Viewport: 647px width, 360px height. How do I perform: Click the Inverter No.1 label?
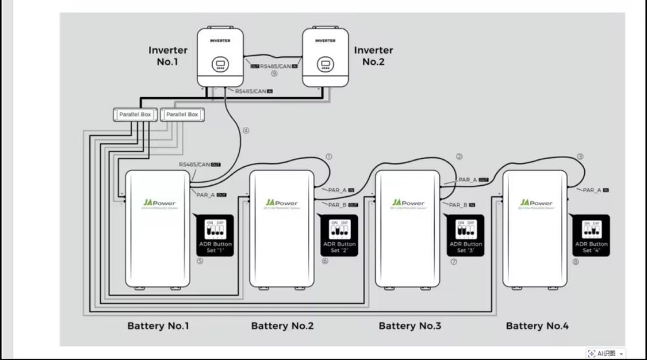(168, 56)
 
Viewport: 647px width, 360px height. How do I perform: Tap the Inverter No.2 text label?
(373, 56)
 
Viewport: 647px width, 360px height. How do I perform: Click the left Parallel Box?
(135, 115)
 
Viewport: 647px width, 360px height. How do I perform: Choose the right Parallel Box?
(182, 115)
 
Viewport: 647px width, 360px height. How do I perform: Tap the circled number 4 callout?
(246, 130)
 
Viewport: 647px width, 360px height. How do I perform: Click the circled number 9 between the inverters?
(274, 73)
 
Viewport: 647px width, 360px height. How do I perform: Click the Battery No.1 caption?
(158, 326)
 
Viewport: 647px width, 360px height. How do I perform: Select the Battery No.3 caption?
(410, 326)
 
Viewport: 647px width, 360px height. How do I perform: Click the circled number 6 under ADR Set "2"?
(325, 262)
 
